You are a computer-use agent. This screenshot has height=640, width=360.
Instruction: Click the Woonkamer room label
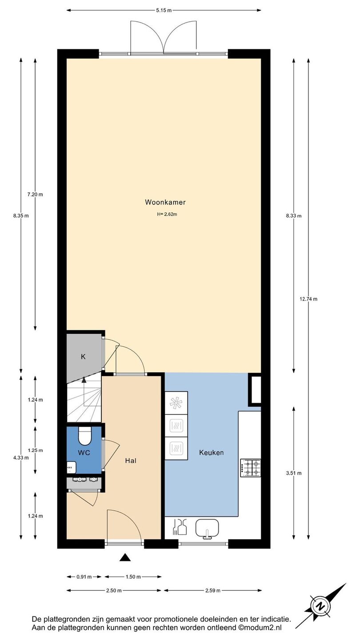[x=165, y=202]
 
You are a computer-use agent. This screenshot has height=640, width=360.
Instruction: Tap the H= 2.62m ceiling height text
[x=167, y=214]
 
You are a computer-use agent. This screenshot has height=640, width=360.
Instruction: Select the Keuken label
[x=211, y=452]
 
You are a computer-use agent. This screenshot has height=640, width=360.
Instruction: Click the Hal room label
[x=131, y=460]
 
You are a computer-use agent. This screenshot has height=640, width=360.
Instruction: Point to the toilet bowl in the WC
[x=84, y=436]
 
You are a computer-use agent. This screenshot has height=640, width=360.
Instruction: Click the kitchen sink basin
[x=207, y=528]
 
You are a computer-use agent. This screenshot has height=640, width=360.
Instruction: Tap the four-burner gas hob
[x=250, y=468]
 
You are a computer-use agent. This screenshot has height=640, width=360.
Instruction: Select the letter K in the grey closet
[x=83, y=356]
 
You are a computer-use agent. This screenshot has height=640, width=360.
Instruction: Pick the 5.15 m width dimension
[x=164, y=11]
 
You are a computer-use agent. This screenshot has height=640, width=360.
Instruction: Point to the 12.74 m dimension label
[x=308, y=299]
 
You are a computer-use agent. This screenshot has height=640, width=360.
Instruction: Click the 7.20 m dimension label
[x=35, y=195]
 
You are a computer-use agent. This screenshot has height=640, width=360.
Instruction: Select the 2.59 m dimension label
[x=213, y=591]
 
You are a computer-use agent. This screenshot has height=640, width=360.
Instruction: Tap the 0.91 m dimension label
[x=84, y=577]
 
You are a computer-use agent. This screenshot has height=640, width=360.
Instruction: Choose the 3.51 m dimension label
[x=294, y=473]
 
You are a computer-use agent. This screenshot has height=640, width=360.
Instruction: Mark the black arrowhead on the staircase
[x=84, y=380]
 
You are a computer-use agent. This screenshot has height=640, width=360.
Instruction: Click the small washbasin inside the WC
[x=71, y=468]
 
